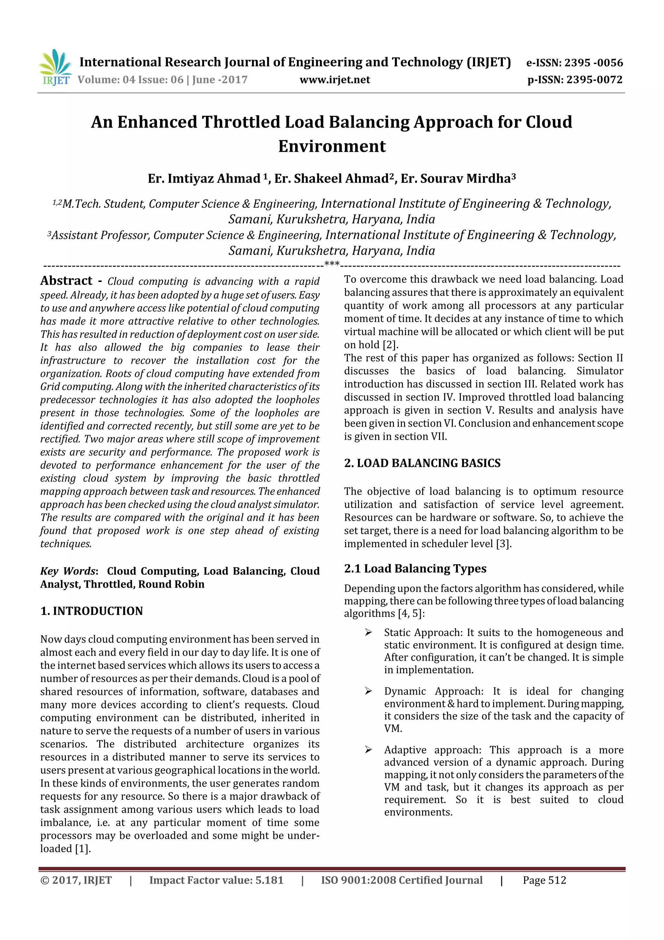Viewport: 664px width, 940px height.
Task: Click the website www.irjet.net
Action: click(334, 80)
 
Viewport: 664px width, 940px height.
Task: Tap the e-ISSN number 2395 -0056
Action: click(593, 63)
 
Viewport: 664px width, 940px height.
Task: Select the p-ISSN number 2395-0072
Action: click(594, 80)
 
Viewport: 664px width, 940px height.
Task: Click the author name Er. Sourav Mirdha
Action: click(458, 178)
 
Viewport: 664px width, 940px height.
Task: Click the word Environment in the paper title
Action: click(332, 146)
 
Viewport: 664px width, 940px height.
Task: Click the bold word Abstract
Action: click(66, 281)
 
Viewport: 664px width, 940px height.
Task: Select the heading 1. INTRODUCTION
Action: click(92, 611)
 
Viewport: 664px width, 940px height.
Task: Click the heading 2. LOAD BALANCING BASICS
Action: click(422, 463)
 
